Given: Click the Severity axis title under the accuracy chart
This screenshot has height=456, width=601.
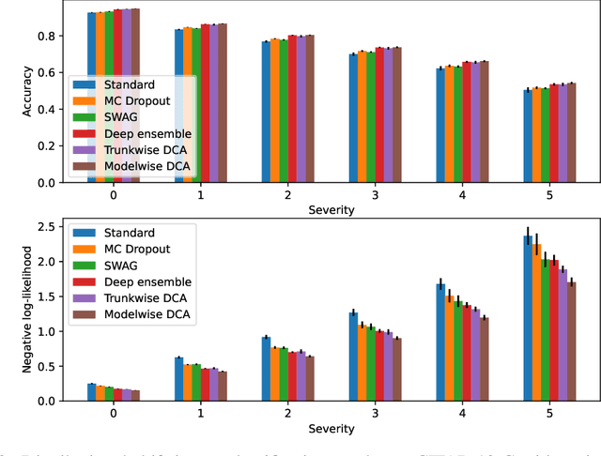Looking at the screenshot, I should [x=331, y=210].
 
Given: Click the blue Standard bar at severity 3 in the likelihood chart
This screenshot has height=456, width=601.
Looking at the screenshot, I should [x=353, y=356].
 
